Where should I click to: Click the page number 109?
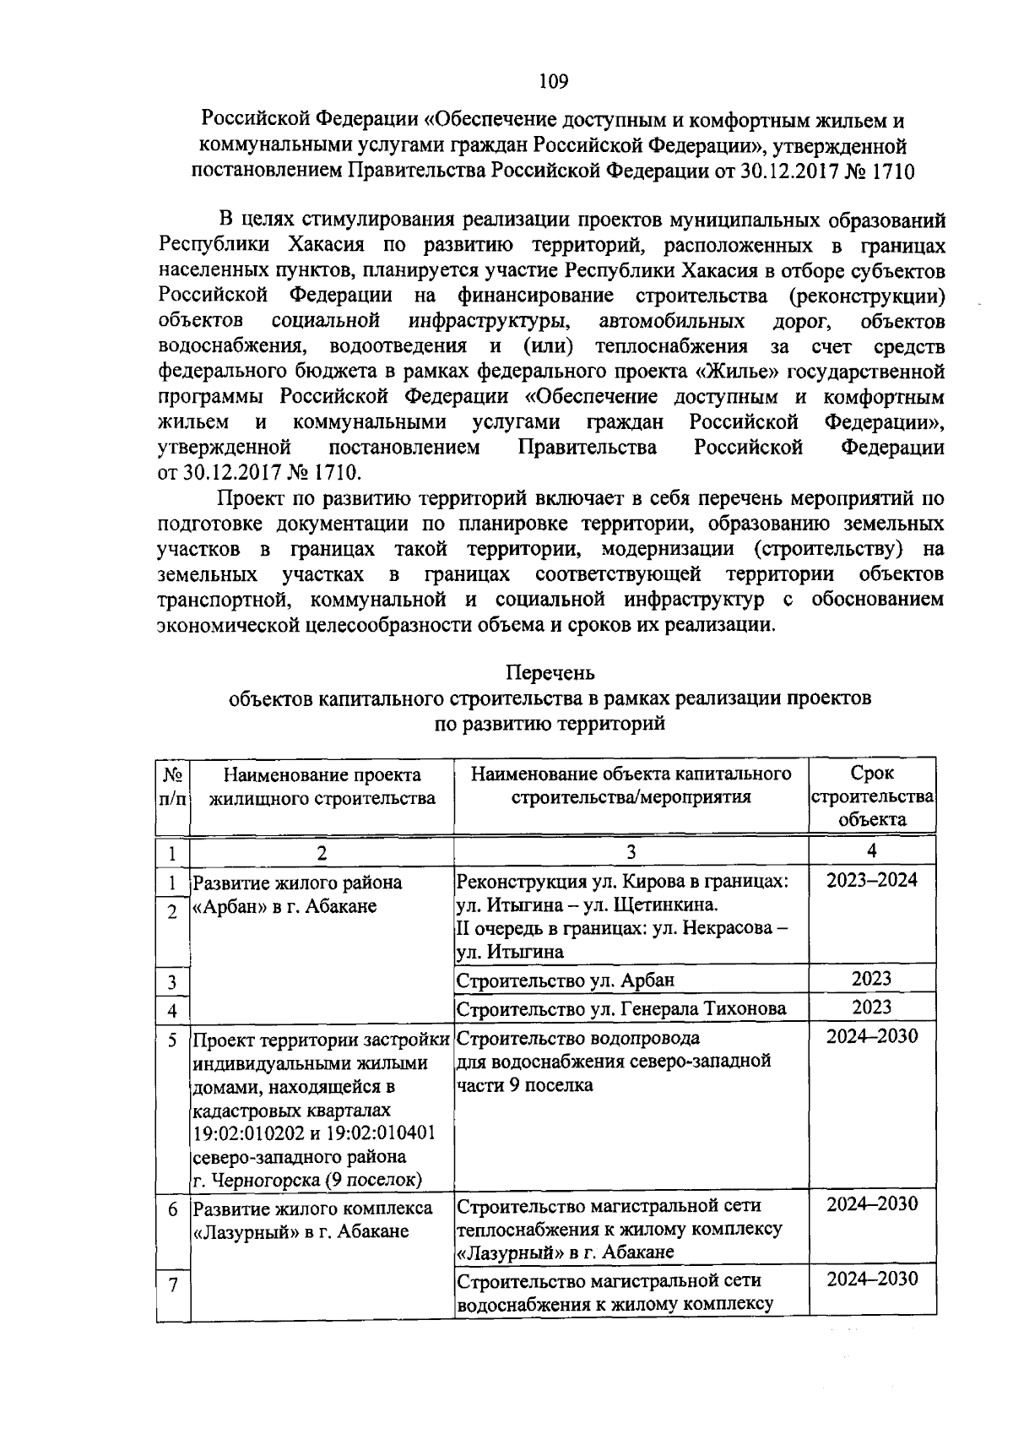pos(553,82)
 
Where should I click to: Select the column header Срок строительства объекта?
pos(872,796)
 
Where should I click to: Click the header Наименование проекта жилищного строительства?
pos(322,786)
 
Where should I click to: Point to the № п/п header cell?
pos(172,786)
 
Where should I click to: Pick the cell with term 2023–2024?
pos(871,880)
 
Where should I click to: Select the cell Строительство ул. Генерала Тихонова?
pos(620,1008)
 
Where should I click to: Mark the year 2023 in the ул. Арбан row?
pos(871,980)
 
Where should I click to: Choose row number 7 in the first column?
pos(172,1286)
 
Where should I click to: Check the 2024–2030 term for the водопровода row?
pos(871,1036)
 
